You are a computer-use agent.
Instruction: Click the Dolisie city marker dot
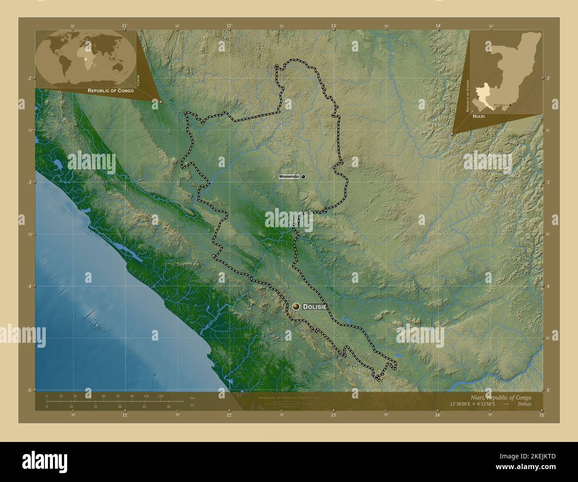pyautogui.click(x=297, y=306)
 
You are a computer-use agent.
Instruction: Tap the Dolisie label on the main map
pyautogui.click(x=315, y=307)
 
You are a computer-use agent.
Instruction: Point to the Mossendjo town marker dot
pyautogui.click(x=303, y=177)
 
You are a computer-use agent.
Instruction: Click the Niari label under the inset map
pyautogui.click(x=479, y=115)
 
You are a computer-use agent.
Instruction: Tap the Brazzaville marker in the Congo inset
pyautogui.click(x=510, y=105)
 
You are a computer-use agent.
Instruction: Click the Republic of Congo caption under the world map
pyautogui.click(x=111, y=90)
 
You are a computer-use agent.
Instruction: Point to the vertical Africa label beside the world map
pyautogui.click(x=139, y=80)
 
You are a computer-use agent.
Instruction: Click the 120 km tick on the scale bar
pyautogui.click(x=160, y=396)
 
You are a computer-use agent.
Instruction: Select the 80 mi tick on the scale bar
pyautogui.click(x=169, y=406)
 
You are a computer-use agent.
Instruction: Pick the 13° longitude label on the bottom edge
pyautogui.click(x=333, y=414)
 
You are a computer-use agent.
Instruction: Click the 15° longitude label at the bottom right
pyautogui.click(x=542, y=414)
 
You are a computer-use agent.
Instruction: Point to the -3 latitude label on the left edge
pyautogui.click(x=30, y=182)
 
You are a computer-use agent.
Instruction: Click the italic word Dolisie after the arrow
pyautogui.click(x=524, y=404)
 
